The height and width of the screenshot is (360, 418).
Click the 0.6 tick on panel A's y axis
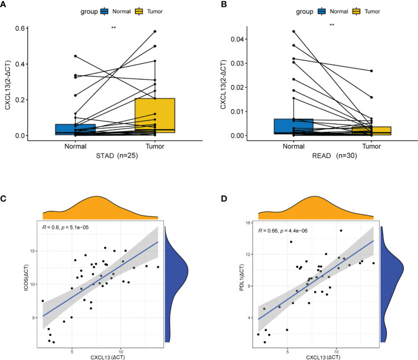click(27, 28)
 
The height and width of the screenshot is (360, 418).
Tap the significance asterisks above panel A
click(113, 28)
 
